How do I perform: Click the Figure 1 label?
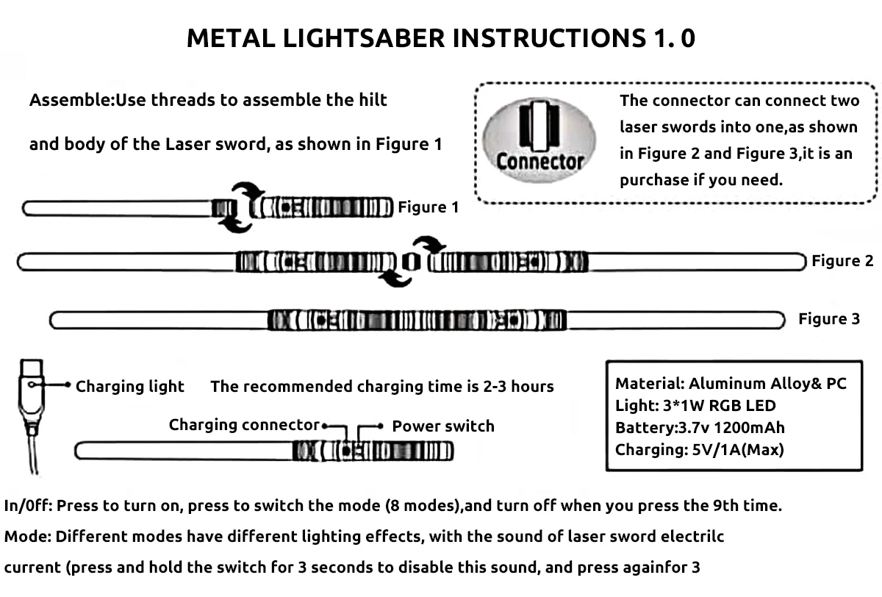coord(428,208)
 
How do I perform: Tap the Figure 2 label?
coord(842,261)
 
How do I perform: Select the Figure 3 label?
coord(829,319)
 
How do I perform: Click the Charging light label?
coord(130,387)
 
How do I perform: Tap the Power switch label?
coord(442,426)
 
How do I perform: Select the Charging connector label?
coord(244,425)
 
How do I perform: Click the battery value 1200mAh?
coord(750,427)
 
